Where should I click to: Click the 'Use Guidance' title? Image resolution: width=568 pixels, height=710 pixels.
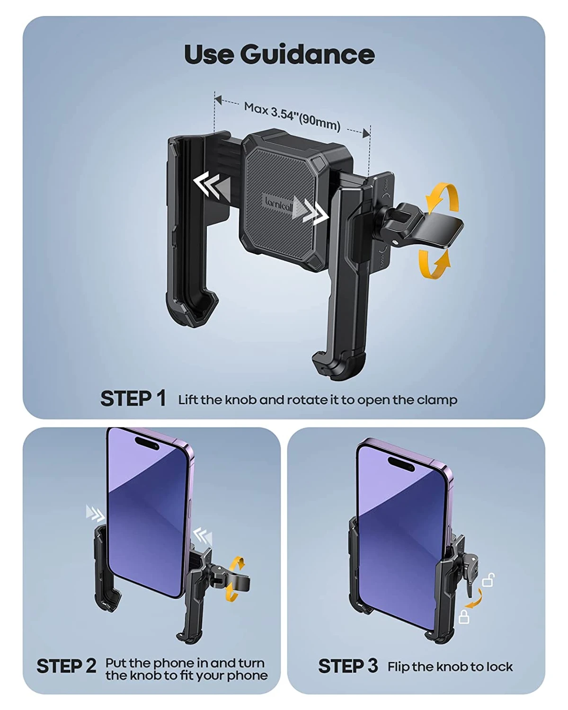click(x=279, y=54)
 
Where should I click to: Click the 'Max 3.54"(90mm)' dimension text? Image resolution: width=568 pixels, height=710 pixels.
click(x=293, y=116)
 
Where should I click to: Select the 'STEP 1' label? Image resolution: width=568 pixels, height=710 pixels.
click(x=133, y=399)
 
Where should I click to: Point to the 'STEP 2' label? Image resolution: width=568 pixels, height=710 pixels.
click(x=66, y=666)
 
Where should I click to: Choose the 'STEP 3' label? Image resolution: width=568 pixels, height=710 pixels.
click(x=348, y=666)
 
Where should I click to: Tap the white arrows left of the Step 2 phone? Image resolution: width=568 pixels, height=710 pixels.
click(x=95, y=514)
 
